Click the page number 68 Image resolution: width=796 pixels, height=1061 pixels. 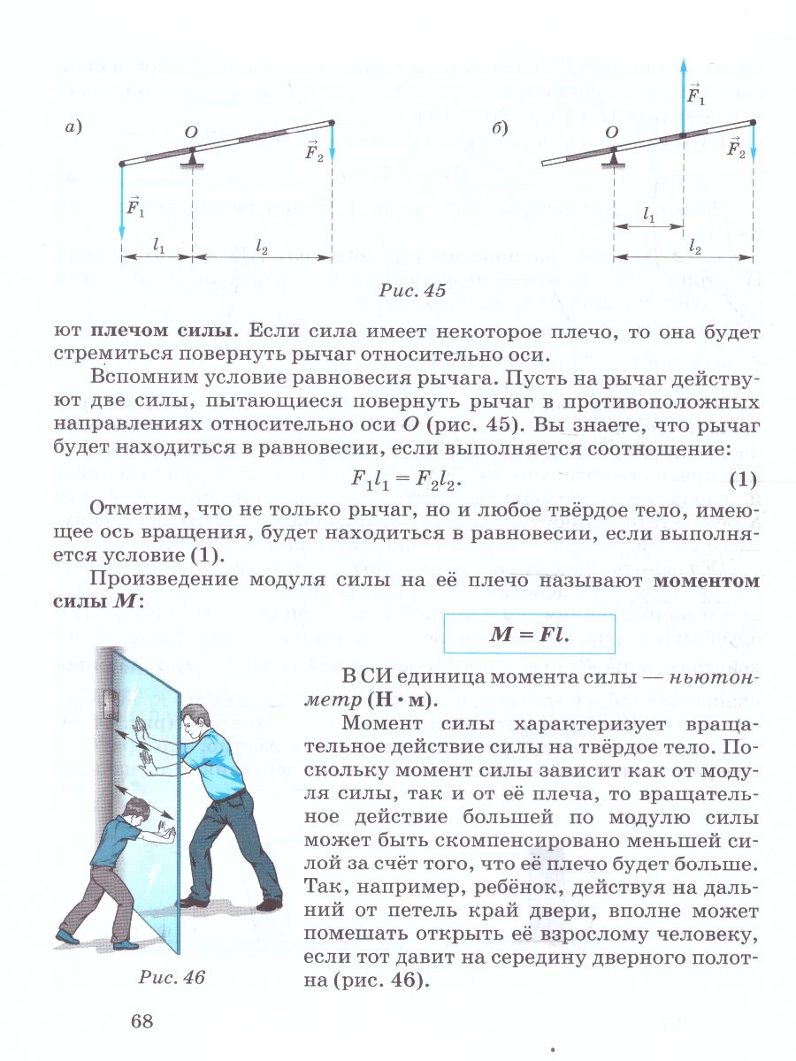click(142, 1021)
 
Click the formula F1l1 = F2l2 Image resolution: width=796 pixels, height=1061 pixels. click(407, 482)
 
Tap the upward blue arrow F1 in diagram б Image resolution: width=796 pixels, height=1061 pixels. click(683, 93)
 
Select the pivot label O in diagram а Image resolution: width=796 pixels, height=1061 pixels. click(190, 132)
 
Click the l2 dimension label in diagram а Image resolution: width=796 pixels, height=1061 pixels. click(262, 248)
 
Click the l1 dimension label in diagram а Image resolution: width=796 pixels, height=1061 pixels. click(158, 248)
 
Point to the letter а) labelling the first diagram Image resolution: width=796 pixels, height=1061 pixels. click(74, 128)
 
